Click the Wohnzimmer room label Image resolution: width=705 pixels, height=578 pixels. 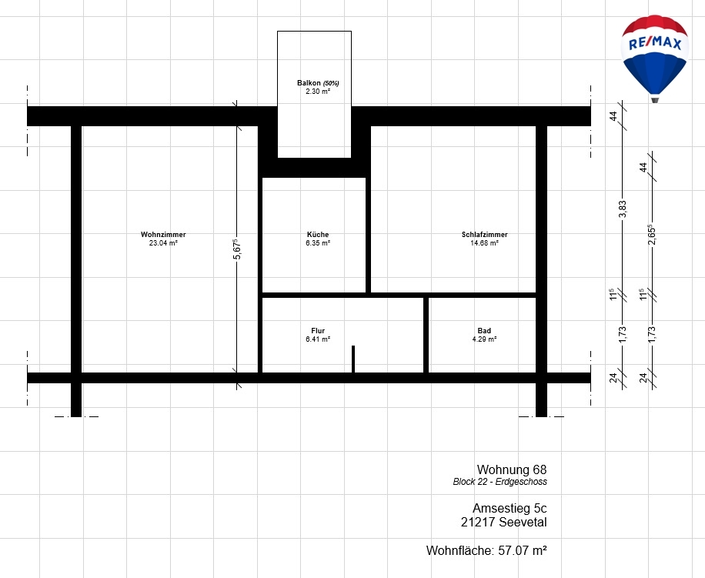163,235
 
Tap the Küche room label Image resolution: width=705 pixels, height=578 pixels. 318,235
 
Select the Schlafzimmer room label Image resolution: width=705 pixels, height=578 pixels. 485,235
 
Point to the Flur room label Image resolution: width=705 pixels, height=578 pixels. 318,331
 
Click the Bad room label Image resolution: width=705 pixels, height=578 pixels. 484,331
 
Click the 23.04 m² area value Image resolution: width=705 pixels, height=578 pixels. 163,243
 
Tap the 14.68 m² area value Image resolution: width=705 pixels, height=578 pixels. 485,243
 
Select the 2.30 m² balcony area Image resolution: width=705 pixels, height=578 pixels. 318,92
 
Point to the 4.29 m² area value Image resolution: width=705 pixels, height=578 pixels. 484,339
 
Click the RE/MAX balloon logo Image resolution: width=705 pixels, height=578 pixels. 655,58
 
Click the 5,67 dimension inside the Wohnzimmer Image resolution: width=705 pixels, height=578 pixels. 237,249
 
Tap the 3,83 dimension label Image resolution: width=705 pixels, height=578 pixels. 623,209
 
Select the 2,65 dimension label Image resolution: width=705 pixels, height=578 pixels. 652,235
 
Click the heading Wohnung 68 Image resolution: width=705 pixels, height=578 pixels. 512,469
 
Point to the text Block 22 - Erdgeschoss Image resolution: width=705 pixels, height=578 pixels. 500,482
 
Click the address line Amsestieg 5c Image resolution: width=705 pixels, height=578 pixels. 510,508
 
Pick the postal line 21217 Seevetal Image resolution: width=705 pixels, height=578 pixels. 503,523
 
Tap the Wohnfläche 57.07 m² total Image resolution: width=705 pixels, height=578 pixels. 486,550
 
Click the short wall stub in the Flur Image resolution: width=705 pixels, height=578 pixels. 353,359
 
